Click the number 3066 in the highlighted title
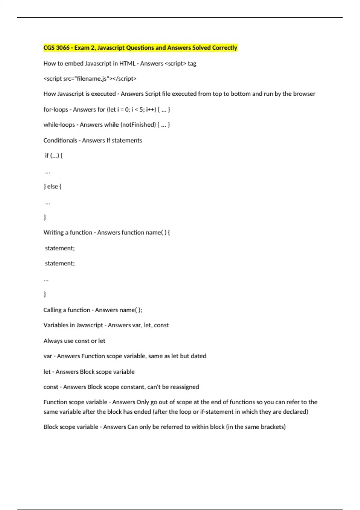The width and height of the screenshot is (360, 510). (63, 48)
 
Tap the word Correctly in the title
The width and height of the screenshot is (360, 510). (225, 48)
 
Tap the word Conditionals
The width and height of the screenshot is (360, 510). (60, 140)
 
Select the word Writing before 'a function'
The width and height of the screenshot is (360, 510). (53, 232)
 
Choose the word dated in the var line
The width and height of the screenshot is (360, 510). (198, 356)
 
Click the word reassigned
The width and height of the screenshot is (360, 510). (184, 387)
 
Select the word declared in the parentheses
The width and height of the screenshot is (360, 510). (295, 412)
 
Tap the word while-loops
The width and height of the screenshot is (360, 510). (59, 125)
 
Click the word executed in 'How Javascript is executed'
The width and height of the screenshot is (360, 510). (103, 94)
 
